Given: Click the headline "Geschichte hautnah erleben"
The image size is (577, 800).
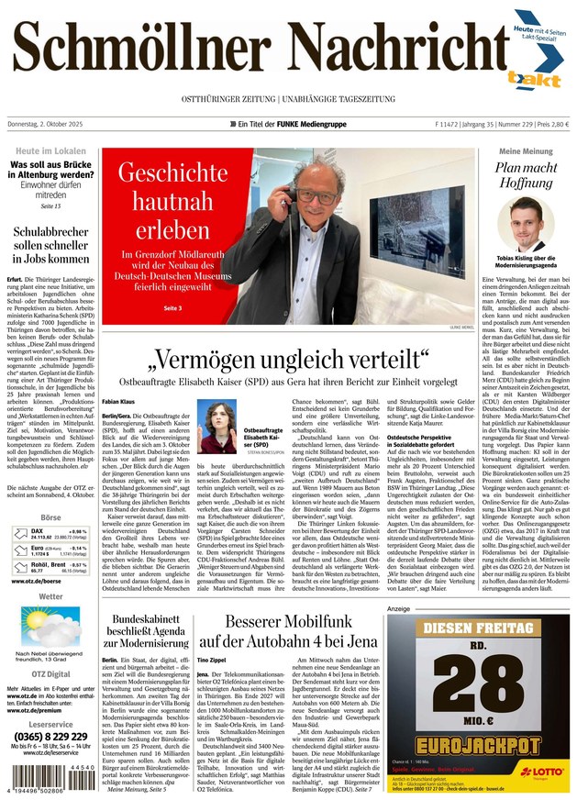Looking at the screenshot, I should click(x=172, y=199).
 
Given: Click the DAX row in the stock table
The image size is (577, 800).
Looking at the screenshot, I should click(x=51, y=558).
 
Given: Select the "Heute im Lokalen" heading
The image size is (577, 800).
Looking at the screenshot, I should click(x=51, y=150).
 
